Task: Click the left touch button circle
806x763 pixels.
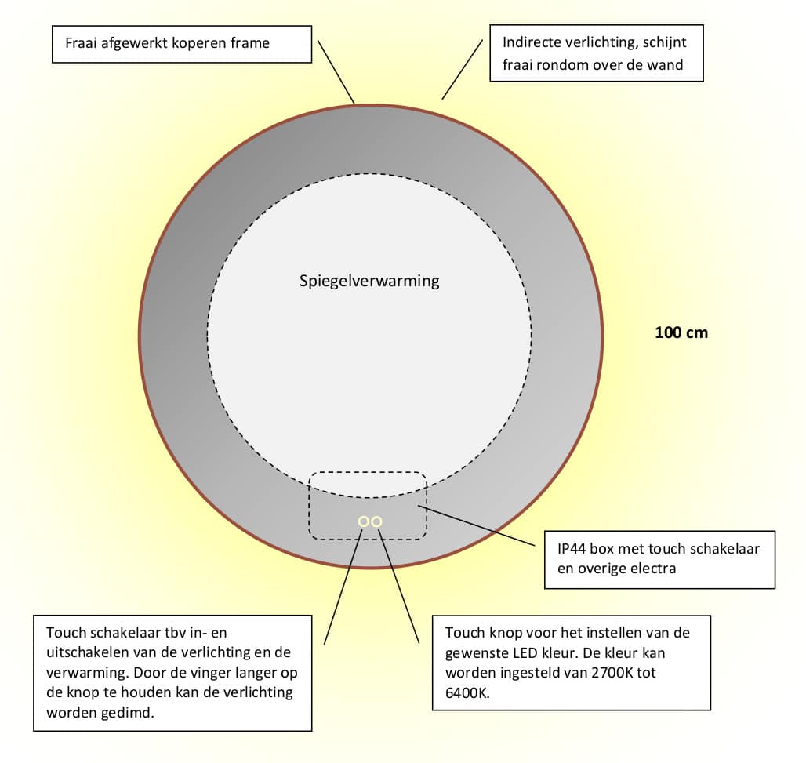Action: click(364, 521)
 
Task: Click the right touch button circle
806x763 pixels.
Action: click(377, 521)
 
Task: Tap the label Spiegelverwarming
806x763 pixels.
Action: click(369, 281)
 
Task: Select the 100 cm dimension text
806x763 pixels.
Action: click(681, 332)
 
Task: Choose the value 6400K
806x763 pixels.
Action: click(467, 693)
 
